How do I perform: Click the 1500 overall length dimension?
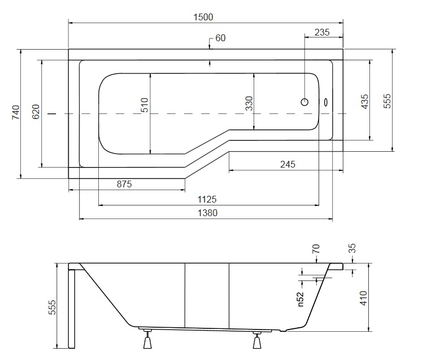[x=203, y=17]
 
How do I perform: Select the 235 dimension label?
[x=321, y=33]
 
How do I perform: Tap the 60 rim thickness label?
[x=220, y=38]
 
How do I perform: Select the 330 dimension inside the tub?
[x=249, y=104]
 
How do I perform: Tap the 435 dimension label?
[x=364, y=102]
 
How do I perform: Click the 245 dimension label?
[x=288, y=164]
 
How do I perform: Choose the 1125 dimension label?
[x=207, y=199]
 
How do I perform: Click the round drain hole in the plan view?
[x=304, y=103]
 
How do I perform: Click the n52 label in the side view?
[x=301, y=298]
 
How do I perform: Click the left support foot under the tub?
[x=149, y=341]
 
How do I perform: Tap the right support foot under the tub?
[x=258, y=341]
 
